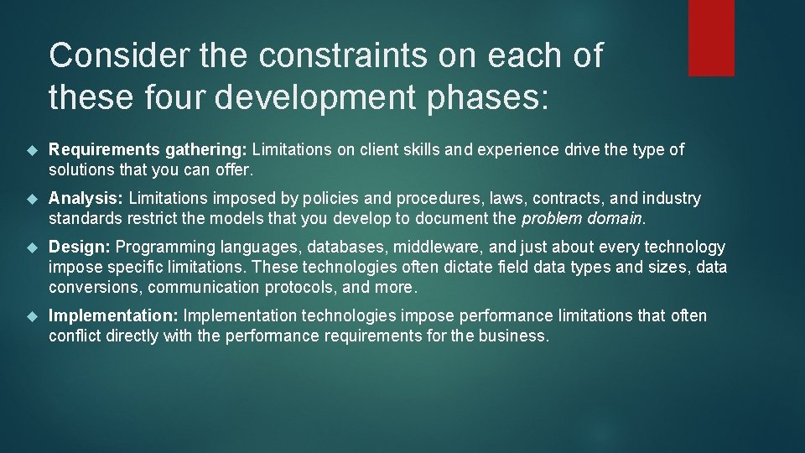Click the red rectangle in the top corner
tap(711, 38)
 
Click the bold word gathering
tap(205, 150)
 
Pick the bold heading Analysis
tap(86, 199)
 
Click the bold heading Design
tap(79, 247)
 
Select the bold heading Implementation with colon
tap(114, 316)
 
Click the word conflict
tap(74, 336)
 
